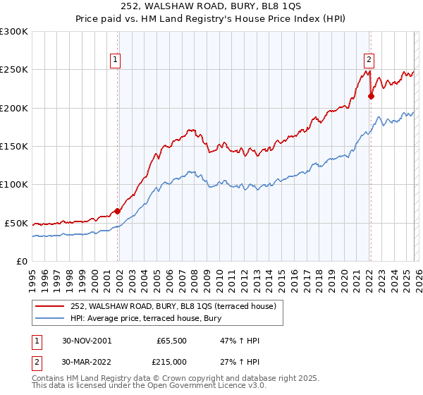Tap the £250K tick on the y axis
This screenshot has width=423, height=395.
click(x=14, y=70)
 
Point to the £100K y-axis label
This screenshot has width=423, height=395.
click(x=14, y=184)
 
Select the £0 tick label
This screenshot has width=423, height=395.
click(x=22, y=261)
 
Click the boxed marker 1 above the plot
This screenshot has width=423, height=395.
click(x=115, y=61)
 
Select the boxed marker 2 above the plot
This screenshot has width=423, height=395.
click(x=369, y=61)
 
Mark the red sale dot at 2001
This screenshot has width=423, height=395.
click(x=118, y=211)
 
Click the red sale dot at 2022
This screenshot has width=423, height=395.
click(x=371, y=97)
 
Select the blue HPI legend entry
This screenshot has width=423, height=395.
click(x=145, y=318)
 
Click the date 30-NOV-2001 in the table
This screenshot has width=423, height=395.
click(x=87, y=341)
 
